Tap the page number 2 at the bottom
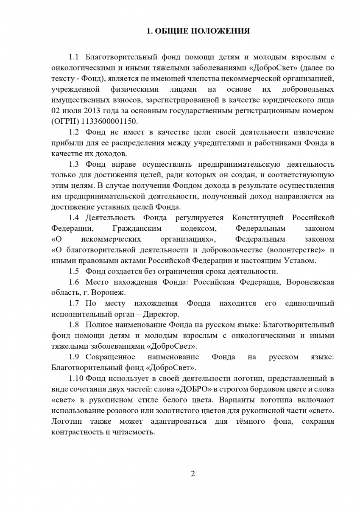point(193,474)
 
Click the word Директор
point(162,314)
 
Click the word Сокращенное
point(110,357)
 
